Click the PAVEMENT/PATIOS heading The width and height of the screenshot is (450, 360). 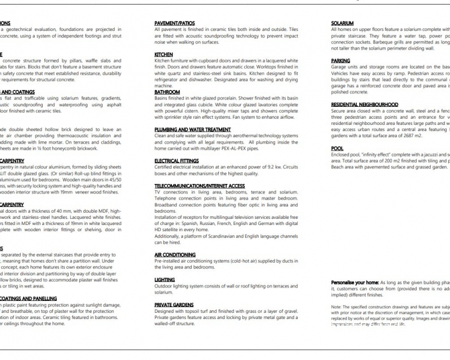pyautogui.click(x=174, y=23)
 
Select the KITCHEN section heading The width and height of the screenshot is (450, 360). pyautogui.click(x=164, y=55)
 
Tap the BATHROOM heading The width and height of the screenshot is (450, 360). pyautogui.click(x=167, y=92)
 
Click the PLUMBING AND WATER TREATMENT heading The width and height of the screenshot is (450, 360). pyautogui.click(x=192, y=129)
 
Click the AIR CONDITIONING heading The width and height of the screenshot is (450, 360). pyautogui.click(x=175, y=255)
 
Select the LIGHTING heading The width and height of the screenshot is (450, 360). pyautogui.click(x=164, y=280)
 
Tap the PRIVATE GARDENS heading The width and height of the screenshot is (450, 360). pyautogui.click(x=174, y=304)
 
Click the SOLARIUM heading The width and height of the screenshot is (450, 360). pyautogui.click(x=343, y=23)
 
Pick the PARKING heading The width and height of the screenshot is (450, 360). pyautogui.click(x=340, y=61)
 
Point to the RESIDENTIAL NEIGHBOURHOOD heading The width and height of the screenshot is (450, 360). pyautogui.click(x=364, y=105)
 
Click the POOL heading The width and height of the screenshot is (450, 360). pyautogui.click(x=337, y=148)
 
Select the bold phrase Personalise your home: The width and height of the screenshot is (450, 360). pyautogui.click(x=355, y=282)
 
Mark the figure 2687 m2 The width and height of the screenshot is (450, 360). pyautogui.click(x=412, y=136)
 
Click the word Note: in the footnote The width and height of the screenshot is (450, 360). pyautogui.click(x=336, y=306)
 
